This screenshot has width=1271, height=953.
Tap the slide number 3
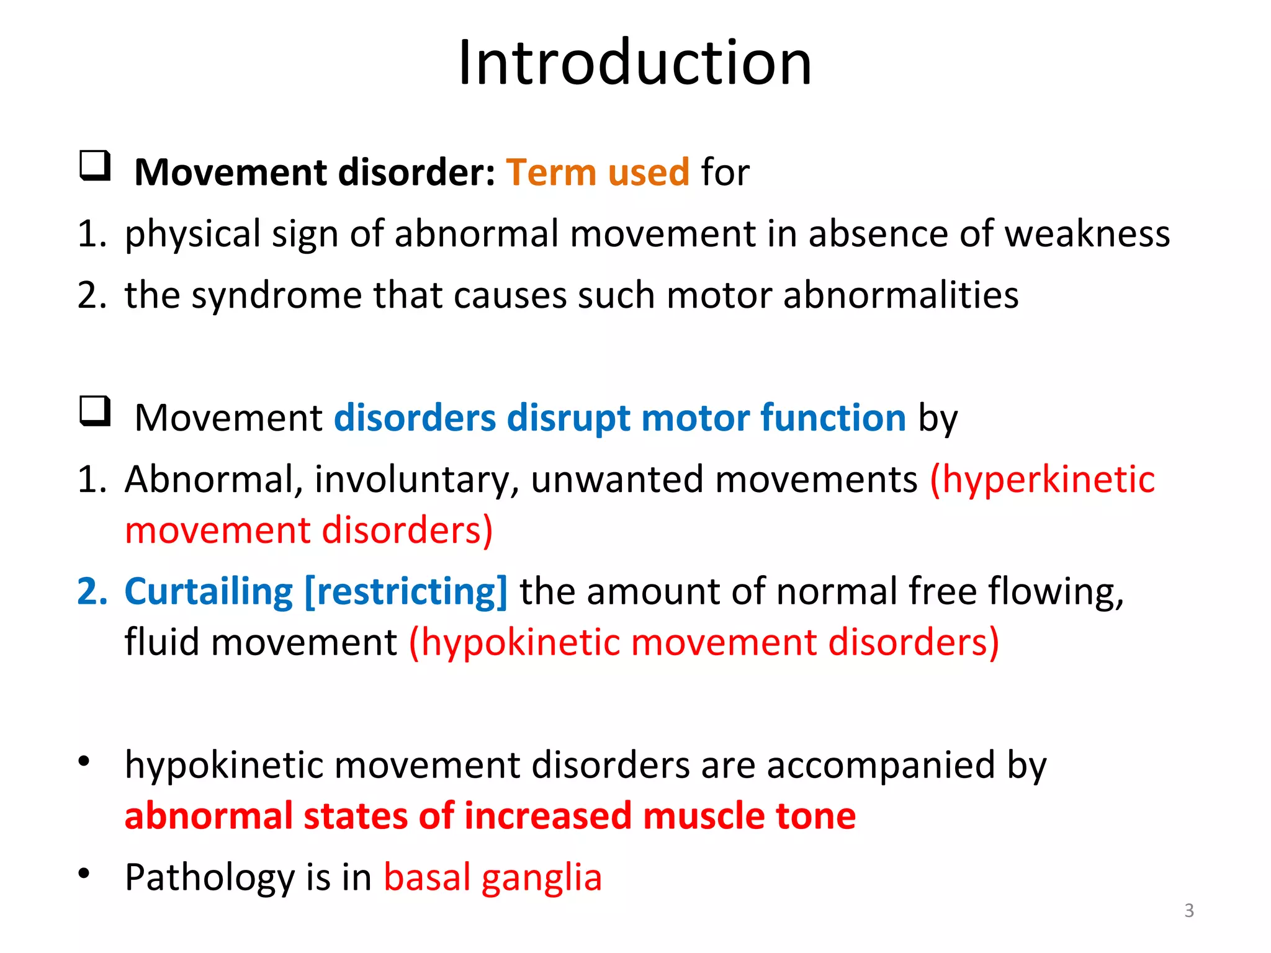[x=1188, y=910]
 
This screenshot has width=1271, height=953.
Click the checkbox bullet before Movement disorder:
[x=95, y=166]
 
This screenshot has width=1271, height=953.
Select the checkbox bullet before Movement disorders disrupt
[x=95, y=411]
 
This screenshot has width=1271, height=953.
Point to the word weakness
[x=1087, y=234]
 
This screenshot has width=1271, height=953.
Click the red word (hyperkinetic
[x=1042, y=480]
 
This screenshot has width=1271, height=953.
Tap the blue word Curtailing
[x=209, y=591]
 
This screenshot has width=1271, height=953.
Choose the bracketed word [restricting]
[x=406, y=591]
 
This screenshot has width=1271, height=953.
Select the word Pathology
[x=210, y=878]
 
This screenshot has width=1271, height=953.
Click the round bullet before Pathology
[x=84, y=874]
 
